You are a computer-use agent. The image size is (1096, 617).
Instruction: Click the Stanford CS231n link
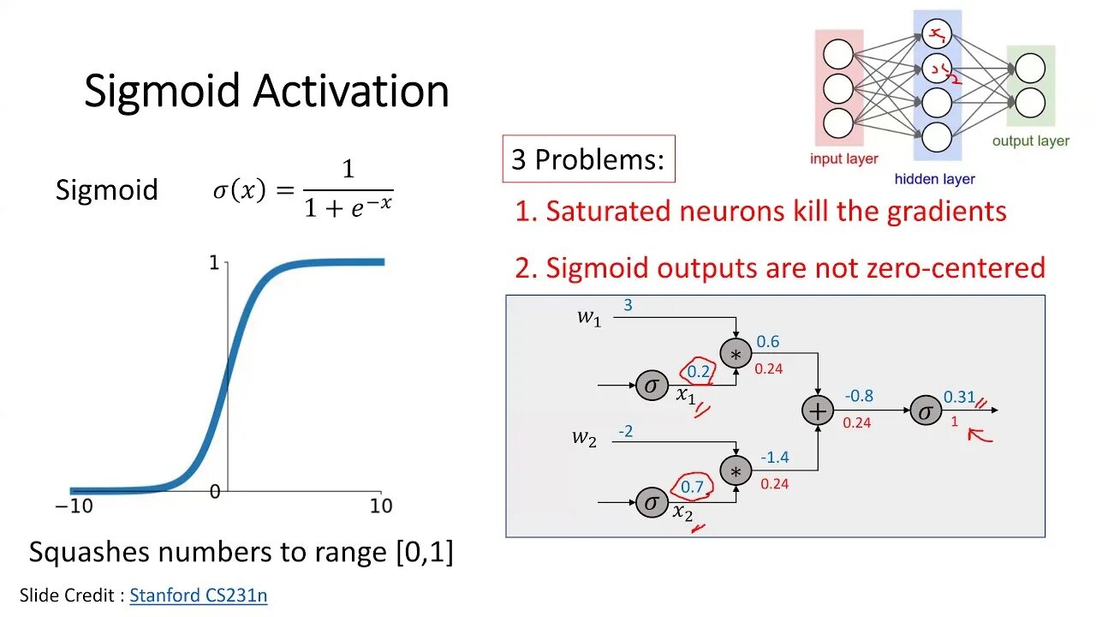coord(199,596)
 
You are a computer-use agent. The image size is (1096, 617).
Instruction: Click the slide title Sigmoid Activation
coord(266,91)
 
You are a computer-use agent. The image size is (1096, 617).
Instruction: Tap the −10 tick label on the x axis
coord(74,506)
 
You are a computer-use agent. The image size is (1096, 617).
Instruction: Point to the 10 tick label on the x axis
coord(381,506)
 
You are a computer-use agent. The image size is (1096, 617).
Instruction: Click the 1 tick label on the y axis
coord(214,263)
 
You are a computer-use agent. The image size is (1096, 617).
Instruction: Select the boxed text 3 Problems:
coord(588,159)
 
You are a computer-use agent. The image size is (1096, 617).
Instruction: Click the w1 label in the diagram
coord(588,317)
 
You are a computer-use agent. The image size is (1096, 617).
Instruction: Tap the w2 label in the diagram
coord(584,438)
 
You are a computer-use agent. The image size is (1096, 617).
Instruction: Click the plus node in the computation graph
coord(818,411)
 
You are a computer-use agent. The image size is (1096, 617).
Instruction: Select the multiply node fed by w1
coord(735,354)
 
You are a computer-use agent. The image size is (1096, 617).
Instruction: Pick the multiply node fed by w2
coord(735,470)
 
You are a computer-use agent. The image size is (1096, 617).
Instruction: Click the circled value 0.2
coord(699,372)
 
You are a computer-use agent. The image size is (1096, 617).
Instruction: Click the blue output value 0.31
coord(959,397)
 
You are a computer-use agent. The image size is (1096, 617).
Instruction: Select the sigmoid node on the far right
coord(925,411)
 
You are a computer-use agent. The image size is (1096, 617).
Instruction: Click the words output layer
coord(1030,141)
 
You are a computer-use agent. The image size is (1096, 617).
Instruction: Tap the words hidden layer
coord(934,179)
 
